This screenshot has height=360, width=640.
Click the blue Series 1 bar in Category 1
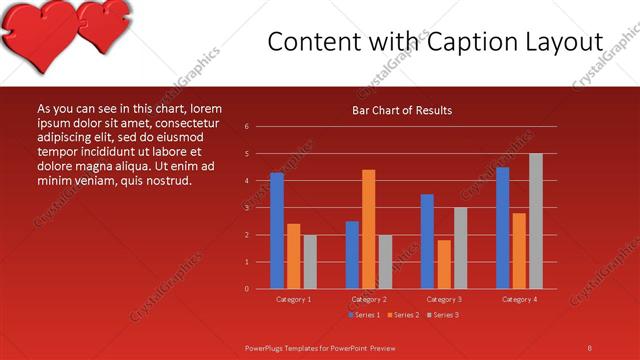point(277,231)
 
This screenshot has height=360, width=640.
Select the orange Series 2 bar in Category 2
point(369,229)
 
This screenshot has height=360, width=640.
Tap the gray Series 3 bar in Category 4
point(536,221)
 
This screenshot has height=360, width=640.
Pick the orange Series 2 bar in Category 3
point(444,264)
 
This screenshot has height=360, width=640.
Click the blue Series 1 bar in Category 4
point(503,228)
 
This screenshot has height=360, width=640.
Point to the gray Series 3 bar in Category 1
point(310,262)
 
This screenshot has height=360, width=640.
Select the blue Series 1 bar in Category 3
point(427,241)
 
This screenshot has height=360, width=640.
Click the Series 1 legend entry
point(364,315)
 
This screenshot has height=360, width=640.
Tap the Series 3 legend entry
point(443,315)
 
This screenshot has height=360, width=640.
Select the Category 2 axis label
point(369,299)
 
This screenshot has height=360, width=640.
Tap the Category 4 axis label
point(519,299)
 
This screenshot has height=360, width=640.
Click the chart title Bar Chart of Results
point(402,110)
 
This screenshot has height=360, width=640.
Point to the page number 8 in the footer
point(590,347)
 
